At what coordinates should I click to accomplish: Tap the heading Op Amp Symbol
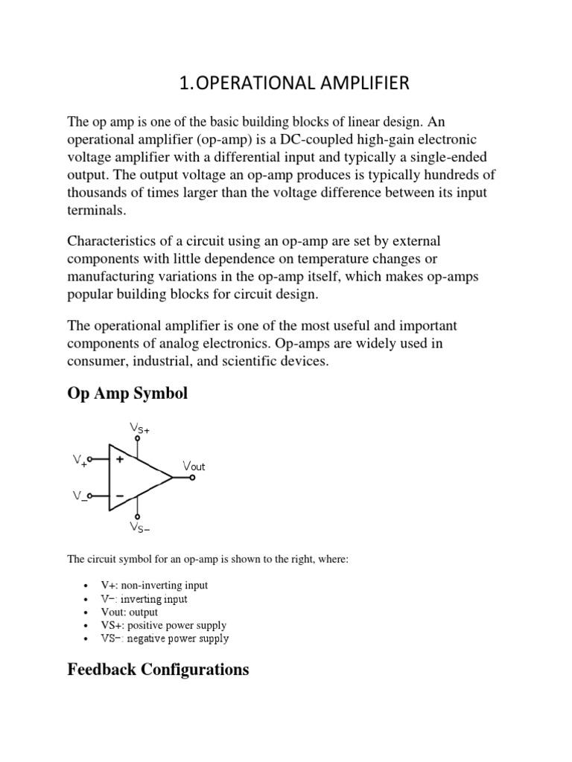tap(127, 394)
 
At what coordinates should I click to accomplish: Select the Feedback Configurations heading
tap(158, 670)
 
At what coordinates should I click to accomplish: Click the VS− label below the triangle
tap(139, 528)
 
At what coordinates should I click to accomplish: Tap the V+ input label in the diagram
tap(80, 461)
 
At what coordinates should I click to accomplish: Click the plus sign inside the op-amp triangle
tap(119, 460)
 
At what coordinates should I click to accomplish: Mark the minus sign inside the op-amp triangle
tap(119, 495)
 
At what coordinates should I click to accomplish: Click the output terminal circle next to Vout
tap(193, 478)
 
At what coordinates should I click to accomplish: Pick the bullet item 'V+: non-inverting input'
tap(154, 586)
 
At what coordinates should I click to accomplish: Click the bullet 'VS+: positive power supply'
tap(163, 625)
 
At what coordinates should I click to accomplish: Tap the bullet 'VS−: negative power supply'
tap(165, 638)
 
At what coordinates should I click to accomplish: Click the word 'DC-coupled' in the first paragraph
tap(313, 140)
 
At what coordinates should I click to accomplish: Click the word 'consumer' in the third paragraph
tap(95, 361)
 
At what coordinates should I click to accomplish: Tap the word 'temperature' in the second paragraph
tap(310, 258)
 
